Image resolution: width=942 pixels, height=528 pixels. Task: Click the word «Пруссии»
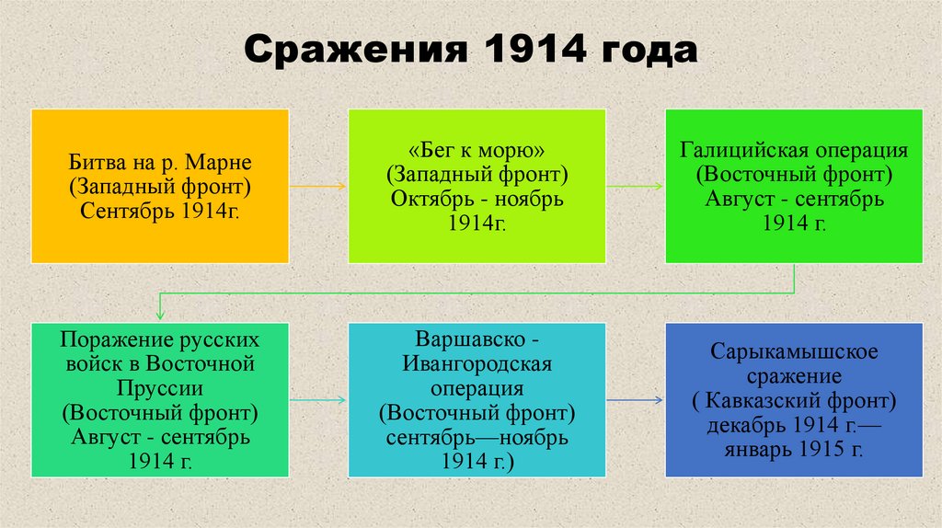tap(160, 385)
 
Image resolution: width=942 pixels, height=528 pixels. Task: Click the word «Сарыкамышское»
tap(794, 351)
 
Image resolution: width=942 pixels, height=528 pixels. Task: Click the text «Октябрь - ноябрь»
tap(477, 200)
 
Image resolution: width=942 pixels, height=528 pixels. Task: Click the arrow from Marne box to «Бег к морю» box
tap(317, 186)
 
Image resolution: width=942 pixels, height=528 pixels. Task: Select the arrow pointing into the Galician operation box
tap(635, 186)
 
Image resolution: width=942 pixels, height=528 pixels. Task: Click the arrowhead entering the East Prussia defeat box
tap(160, 316)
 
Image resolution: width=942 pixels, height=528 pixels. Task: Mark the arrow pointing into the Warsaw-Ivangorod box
tap(317, 400)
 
